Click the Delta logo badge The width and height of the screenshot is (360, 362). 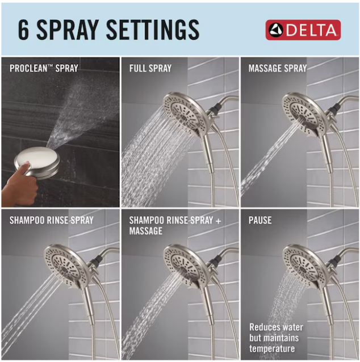tap(303, 30)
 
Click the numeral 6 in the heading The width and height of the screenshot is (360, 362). tap(24, 30)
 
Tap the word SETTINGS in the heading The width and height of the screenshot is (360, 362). tap(153, 30)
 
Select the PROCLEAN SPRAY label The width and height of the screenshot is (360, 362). tap(44, 68)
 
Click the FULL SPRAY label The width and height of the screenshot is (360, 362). tap(150, 68)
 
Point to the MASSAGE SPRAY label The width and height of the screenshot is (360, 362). tap(278, 68)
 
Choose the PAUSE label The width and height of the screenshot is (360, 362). tap(260, 220)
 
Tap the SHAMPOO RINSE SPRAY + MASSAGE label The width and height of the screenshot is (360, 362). tap(175, 226)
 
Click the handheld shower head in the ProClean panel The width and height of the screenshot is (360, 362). tap(37, 162)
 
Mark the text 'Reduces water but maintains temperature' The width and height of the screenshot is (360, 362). tap(276, 338)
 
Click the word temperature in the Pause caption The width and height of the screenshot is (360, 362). tap(272, 348)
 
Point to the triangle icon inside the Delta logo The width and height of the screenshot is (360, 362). tap(275, 30)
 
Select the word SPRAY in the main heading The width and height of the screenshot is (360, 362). tap(67, 30)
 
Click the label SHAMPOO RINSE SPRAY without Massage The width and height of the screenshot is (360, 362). tap(51, 220)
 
